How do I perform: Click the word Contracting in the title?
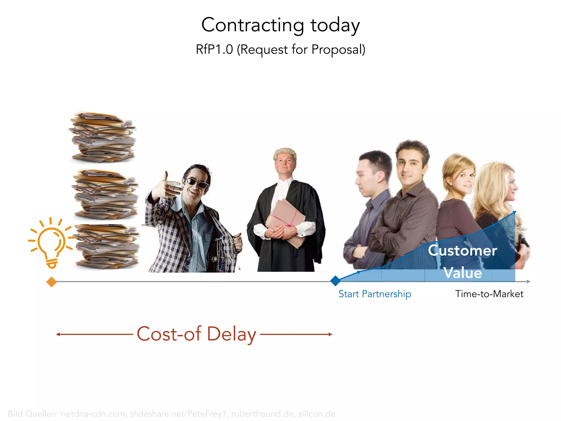tap(253, 25)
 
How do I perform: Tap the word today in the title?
tap(335, 25)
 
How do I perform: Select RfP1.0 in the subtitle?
tap(214, 50)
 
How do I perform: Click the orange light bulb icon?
tap(51, 243)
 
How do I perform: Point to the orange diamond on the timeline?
tap(51, 282)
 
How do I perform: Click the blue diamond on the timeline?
tap(335, 281)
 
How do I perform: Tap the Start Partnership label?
tap(375, 294)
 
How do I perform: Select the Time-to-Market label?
tap(489, 294)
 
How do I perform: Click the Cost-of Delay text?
tap(196, 334)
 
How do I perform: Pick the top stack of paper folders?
tap(103, 137)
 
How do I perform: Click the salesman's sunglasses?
tap(197, 183)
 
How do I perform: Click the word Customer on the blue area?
tap(462, 251)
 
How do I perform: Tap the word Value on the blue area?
tap(462, 273)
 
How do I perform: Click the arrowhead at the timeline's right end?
tap(529, 281)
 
